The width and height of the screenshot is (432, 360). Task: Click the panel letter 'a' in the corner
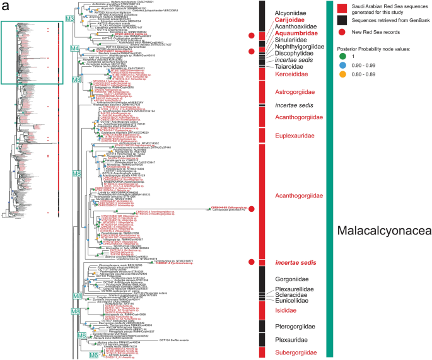5,6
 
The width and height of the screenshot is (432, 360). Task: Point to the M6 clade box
94,356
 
